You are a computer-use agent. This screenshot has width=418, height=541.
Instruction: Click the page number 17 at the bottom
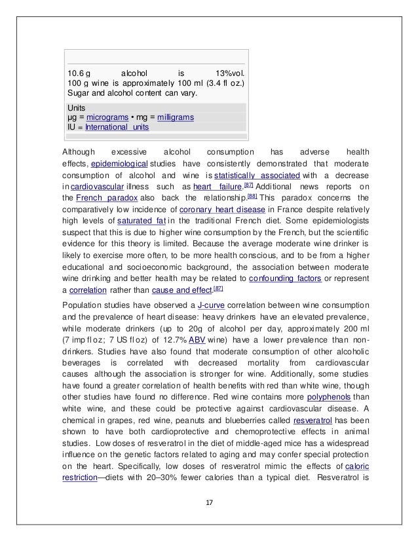[x=209, y=502]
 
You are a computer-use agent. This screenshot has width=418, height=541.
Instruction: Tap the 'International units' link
[x=117, y=126]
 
